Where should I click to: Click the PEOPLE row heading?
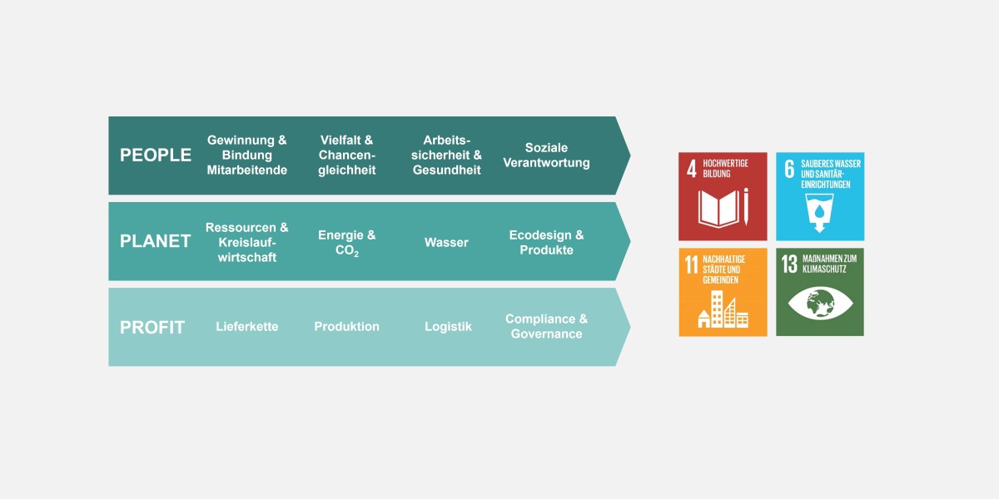click(x=155, y=155)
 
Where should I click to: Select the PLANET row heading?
click(x=155, y=241)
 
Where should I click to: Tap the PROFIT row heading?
click(x=152, y=328)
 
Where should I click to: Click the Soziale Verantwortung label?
click(x=546, y=155)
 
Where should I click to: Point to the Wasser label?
click(x=446, y=242)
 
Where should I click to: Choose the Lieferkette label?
click(x=247, y=327)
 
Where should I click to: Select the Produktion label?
click(x=346, y=327)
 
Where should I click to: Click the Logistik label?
click(x=448, y=327)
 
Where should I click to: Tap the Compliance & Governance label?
click(x=546, y=326)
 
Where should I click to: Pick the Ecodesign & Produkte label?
click(x=546, y=242)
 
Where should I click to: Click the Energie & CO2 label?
click(x=346, y=243)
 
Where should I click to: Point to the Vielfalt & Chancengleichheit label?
click(x=346, y=155)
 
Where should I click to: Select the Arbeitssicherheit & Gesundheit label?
click(x=446, y=155)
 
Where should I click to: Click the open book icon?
click(x=718, y=209)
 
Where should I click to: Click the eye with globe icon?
click(x=820, y=304)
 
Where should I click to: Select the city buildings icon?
click(x=723, y=309)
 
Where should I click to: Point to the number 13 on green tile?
click(x=789, y=264)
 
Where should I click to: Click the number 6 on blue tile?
click(x=789, y=170)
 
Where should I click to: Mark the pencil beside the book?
click(x=746, y=207)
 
